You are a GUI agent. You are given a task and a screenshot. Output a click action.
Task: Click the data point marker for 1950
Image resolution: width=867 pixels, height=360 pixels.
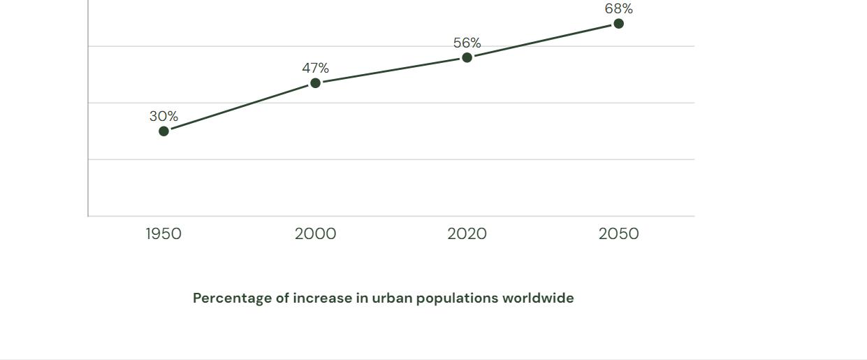pos(163,131)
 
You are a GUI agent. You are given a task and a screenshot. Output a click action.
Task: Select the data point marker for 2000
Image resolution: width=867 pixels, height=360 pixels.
pos(315,83)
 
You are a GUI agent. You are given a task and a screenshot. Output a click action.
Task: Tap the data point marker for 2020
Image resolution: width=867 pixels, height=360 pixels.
pos(467,57)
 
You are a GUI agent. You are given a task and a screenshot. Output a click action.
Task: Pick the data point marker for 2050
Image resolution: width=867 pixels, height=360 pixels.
pos(618,24)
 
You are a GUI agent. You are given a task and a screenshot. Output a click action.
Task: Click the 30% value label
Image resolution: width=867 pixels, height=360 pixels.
pos(163,116)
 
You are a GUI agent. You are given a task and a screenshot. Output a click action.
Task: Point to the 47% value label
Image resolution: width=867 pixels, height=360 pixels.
pos(315,68)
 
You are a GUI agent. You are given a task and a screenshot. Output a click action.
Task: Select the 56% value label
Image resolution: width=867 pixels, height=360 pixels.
pos(467,43)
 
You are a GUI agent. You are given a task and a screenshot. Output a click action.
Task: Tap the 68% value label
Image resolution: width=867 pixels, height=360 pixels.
pos(618,9)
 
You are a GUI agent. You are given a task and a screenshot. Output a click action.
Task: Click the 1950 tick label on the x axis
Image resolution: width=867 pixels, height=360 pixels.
pos(163,233)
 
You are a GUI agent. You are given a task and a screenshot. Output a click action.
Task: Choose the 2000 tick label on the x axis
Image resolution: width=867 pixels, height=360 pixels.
pos(315,233)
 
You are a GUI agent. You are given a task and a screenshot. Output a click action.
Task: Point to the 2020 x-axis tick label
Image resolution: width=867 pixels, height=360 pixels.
pos(467,233)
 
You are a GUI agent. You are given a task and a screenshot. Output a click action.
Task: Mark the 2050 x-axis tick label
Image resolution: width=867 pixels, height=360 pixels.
pos(618,233)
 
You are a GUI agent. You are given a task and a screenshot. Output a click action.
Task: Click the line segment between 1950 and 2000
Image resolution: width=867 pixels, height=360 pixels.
pos(239,107)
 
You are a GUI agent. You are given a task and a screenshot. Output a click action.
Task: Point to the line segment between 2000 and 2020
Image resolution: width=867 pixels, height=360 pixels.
pos(391,70)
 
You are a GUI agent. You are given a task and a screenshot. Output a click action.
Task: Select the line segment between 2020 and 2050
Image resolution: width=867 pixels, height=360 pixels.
pos(543,41)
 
